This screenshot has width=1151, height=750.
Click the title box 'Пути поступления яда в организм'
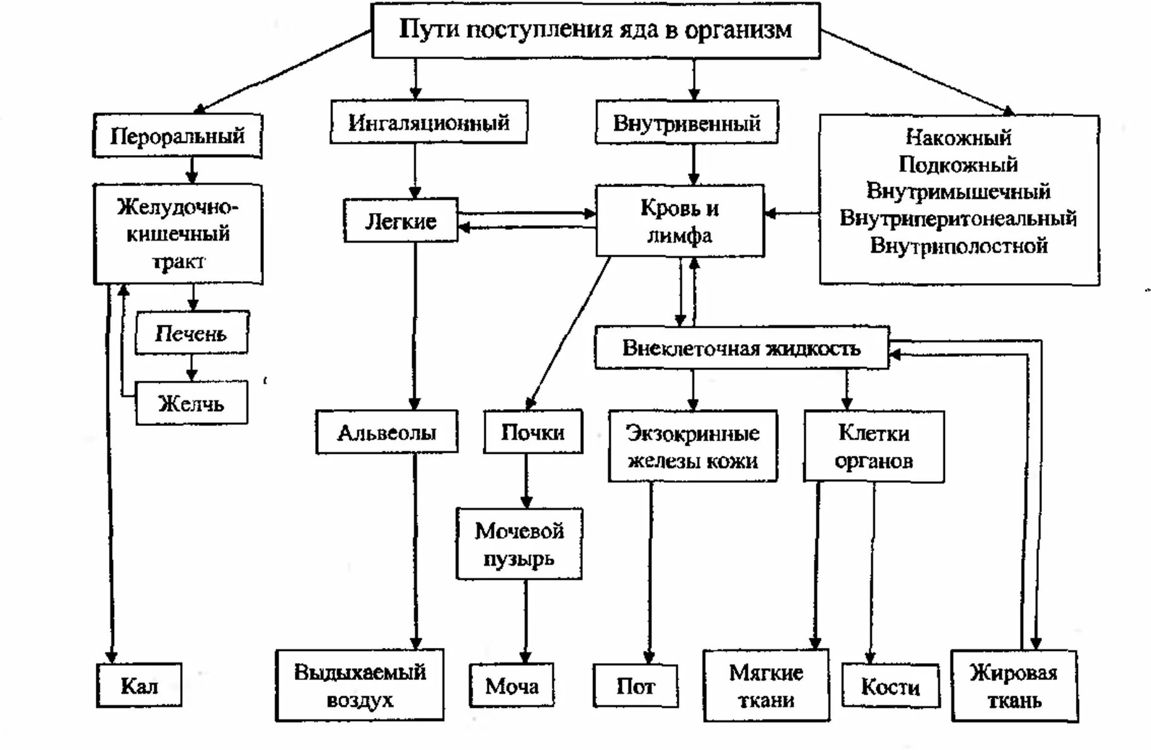click(595, 30)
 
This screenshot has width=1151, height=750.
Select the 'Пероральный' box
click(177, 136)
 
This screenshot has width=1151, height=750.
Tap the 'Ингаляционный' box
click(428, 122)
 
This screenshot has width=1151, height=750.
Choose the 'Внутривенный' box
click(687, 122)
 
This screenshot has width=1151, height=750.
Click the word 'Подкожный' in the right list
click(958, 164)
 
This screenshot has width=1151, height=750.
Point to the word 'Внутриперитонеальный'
click(958, 219)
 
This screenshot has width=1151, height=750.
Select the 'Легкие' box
click(401, 221)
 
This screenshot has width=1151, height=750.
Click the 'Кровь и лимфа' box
click(680, 221)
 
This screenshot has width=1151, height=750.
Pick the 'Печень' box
click(191, 333)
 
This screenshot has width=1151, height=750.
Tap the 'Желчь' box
click(191, 403)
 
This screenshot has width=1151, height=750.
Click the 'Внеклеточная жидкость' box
click(742, 348)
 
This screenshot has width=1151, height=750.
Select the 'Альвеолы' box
click(386, 432)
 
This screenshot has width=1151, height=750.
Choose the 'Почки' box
click(532, 432)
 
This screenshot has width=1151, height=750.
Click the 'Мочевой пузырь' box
click(519, 544)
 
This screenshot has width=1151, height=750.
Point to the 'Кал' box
click(139, 685)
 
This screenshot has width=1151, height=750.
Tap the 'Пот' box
click(635, 686)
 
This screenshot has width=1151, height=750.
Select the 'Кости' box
click(890, 686)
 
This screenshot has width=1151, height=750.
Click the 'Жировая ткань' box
click(1014, 686)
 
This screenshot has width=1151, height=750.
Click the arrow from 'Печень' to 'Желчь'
click(192, 367)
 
